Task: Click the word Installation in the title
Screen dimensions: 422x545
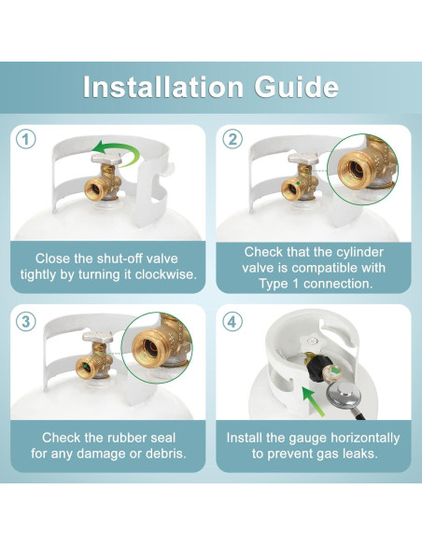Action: tap(163, 87)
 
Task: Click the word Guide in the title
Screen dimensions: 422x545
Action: tap(297, 87)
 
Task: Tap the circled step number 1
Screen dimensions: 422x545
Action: tap(26, 139)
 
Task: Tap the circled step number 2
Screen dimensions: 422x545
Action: tap(232, 139)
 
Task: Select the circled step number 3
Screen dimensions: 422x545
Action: tap(26, 322)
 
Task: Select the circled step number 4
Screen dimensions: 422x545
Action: tap(232, 322)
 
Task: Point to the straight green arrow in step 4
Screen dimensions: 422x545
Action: tap(313, 400)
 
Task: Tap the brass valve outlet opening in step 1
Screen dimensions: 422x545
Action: tap(93, 189)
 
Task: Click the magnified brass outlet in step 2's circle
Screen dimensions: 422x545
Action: tap(355, 168)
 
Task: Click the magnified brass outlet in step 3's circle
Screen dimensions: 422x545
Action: tap(149, 348)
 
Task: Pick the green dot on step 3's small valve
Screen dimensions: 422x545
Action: tap(85, 367)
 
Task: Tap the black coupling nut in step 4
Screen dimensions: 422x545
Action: tap(316, 370)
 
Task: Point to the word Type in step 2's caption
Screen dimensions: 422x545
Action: tap(274, 284)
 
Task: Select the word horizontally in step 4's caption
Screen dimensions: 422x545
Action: tap(365, 438)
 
